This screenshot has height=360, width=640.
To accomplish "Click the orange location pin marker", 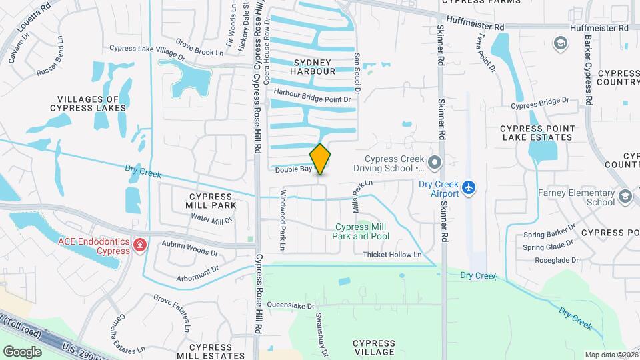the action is click(321, 159).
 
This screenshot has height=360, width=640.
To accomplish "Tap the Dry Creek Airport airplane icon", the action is click(469, 187).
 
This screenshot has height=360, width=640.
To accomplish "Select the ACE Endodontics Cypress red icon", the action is click(139, 245).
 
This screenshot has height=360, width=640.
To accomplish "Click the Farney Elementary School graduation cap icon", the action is click(625, 196).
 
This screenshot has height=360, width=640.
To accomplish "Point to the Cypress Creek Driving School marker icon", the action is click(435, 162).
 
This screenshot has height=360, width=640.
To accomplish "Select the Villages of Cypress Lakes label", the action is click(88, 103).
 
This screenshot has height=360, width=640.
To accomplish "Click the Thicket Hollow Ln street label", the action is click(392, 255).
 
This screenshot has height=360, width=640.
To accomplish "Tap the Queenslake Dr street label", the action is click(290, 305).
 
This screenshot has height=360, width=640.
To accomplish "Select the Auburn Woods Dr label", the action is click(190, 249).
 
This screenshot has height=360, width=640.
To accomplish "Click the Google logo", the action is click(22, 351).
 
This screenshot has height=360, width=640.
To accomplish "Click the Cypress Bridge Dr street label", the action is click(540, 103).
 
